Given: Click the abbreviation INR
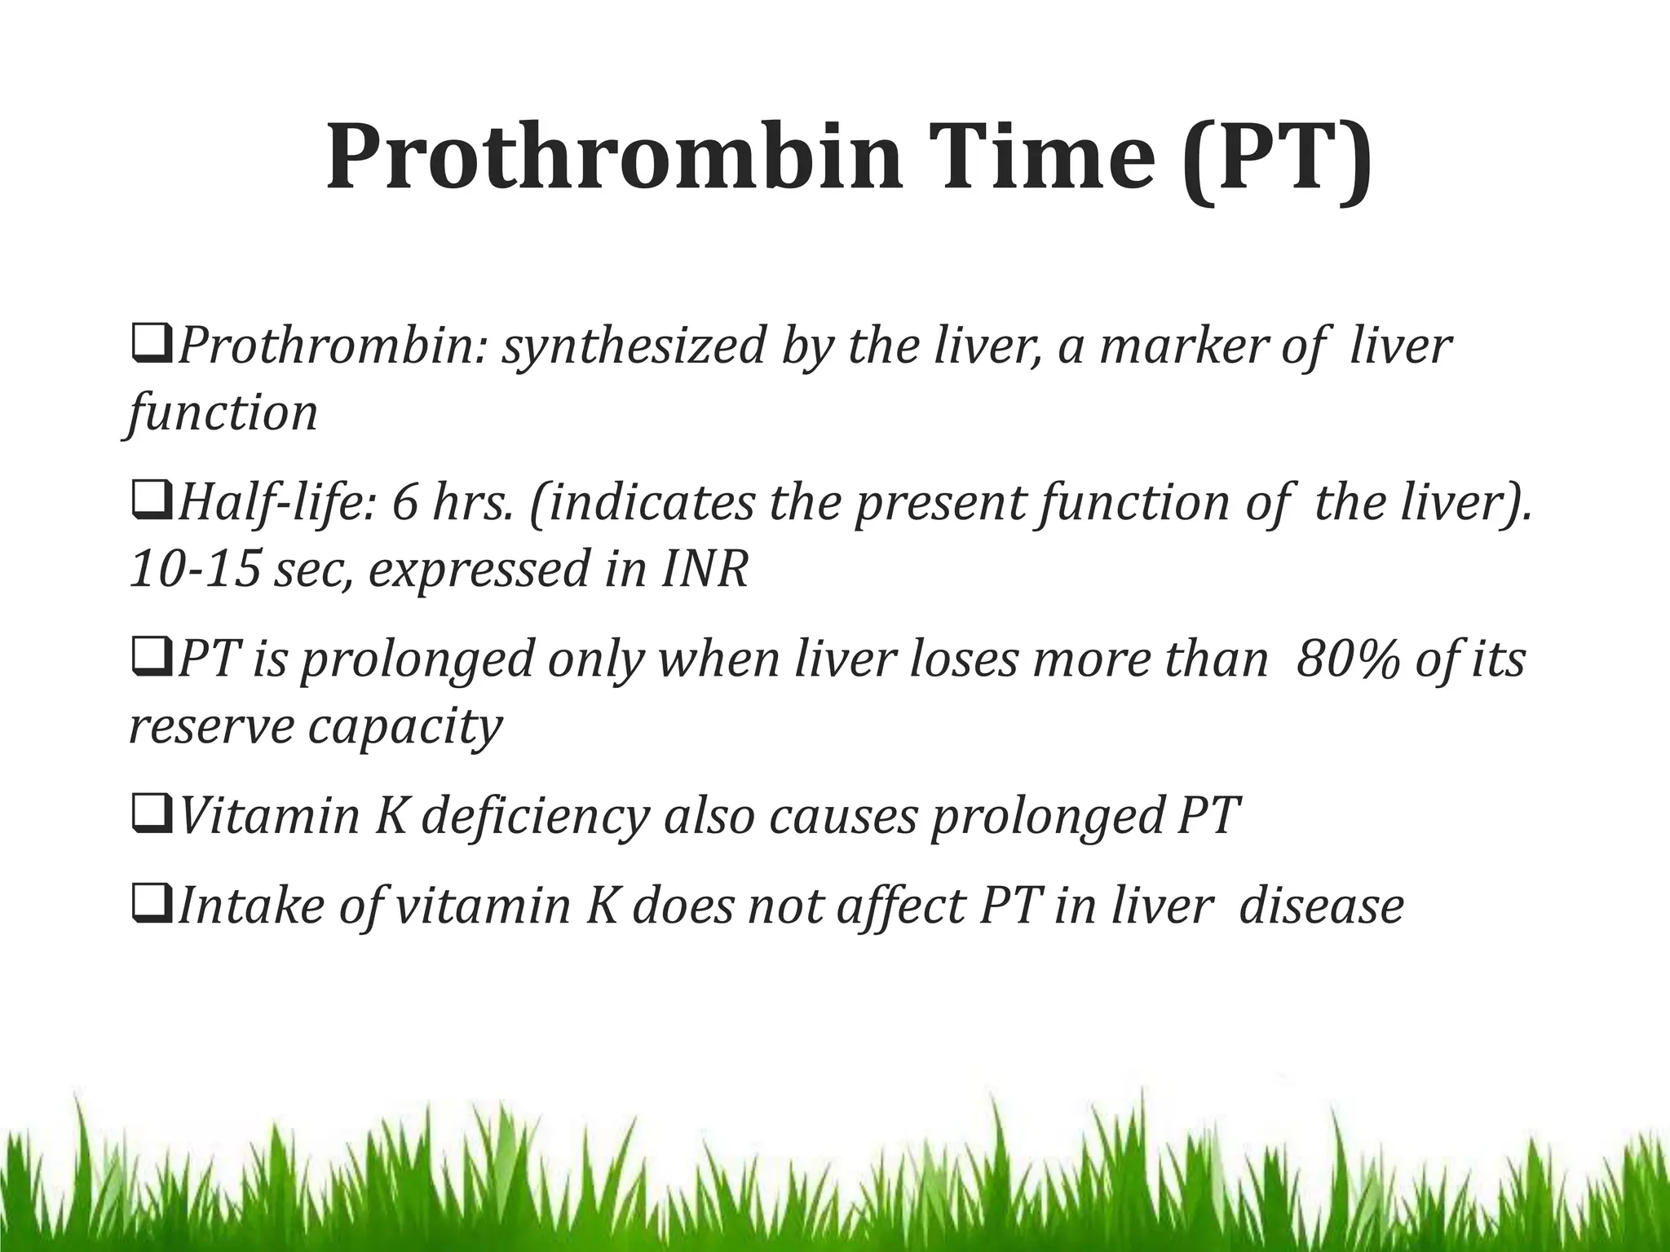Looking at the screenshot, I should [705, 570].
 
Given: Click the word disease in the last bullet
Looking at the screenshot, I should [1321, 906].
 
